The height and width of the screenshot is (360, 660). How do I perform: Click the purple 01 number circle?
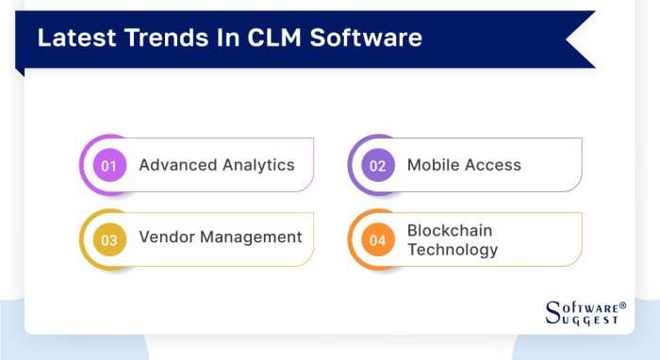coord(108,166)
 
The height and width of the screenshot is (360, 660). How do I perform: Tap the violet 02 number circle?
coord(377,166)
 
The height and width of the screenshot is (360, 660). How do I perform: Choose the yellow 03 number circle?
coord(108,239)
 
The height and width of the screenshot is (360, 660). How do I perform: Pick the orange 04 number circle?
coord(377,239)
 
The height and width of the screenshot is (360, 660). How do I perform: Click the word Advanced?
coord(177,165)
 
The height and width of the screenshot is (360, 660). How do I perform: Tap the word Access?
coord(493,165)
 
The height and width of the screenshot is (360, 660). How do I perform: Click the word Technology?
coord(453,250)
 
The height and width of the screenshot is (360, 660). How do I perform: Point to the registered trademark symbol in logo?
coord(622,305)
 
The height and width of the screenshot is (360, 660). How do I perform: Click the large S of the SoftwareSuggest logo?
coord(554,313)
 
